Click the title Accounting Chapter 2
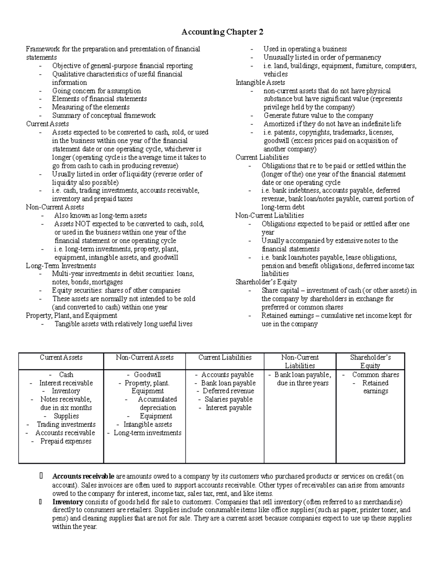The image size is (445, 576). point(222,32)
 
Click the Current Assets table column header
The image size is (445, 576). point(61,358)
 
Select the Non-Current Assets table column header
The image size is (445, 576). point(145,358)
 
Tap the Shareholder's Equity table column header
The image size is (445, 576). point(370,362)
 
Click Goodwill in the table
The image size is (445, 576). point(147,375)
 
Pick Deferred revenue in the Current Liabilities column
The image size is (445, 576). point(228,391)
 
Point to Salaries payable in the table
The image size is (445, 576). point(228,399)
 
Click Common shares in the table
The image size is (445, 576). point(375,375)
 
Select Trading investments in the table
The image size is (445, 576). point(66,425)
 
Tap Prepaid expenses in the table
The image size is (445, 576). point(66,441)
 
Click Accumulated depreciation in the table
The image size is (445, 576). point(157,404)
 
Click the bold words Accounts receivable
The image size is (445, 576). point(83,476)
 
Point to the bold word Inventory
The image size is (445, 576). point(67,502)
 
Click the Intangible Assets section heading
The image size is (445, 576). point(260,82)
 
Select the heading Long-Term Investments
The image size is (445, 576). point(61,266)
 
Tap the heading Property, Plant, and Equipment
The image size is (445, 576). point(71,316)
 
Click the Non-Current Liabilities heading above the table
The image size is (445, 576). point(270,215)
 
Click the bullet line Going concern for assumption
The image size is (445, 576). point(96,91)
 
